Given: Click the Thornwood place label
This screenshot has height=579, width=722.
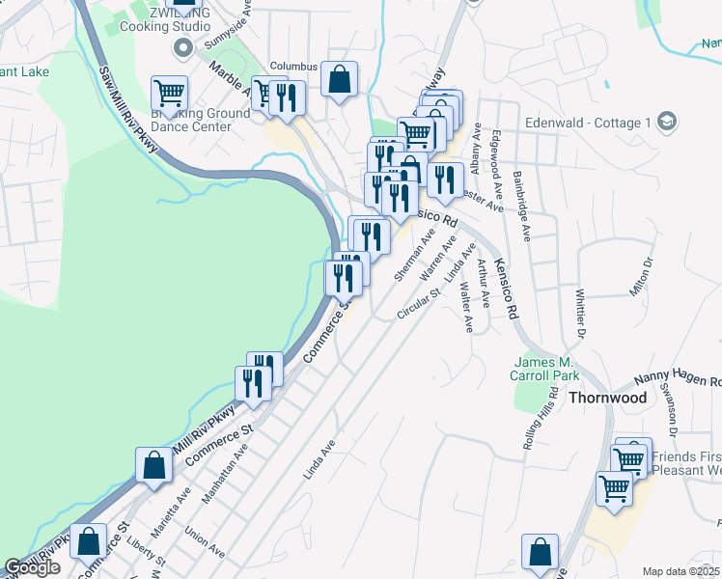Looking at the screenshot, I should point(607,397).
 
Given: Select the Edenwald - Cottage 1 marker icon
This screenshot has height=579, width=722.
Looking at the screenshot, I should point(666,123).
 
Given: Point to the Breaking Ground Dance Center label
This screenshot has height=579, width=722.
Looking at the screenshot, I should point(201,120).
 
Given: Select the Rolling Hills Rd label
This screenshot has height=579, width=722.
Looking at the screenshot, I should point(541,420).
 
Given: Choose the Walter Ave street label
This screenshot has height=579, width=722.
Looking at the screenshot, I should point(465,307).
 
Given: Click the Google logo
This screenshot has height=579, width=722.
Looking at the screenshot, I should point(32,567).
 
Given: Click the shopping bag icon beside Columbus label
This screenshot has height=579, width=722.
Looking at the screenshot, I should point(340,79).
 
